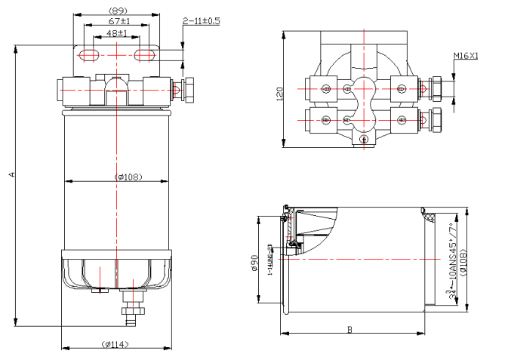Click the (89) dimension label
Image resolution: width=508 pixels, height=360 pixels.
coord(117,11)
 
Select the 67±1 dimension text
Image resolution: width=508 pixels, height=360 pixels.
coord(117,22)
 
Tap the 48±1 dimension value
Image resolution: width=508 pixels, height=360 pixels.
coord(117,33)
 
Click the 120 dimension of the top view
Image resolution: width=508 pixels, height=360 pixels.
coord(279,94)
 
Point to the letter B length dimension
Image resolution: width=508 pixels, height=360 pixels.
coord(349,329)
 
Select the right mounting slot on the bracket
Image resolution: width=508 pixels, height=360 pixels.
coord(145,54)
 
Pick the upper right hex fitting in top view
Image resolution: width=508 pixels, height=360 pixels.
coord(437,89)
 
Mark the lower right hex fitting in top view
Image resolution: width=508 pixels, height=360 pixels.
coord(437,119)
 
